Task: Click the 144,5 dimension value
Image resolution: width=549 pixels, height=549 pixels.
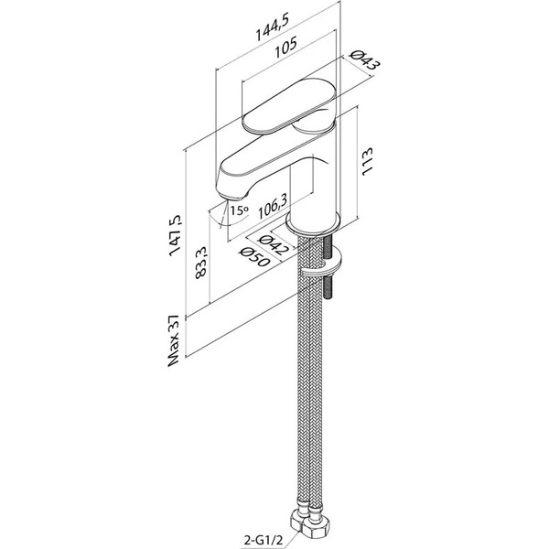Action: tap(272, 29)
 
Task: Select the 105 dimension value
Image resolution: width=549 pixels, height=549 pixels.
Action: tap(285, 48)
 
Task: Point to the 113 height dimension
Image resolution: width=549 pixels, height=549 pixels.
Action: tap(367, 161)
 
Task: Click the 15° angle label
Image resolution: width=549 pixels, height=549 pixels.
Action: tap(240, 210)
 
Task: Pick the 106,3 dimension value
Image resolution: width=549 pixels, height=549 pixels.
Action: tap(273, 206)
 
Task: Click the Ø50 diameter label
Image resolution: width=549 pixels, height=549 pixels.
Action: tap(253, 257)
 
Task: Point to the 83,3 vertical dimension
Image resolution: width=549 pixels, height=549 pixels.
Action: tap(201, 263)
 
